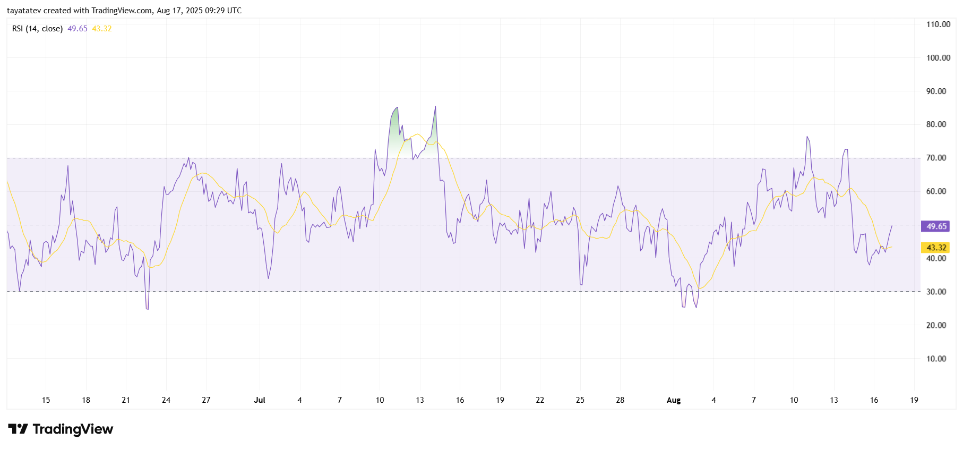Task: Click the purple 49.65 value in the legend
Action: point(77,29)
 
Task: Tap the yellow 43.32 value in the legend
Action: point(101,29)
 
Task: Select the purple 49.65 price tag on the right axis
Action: point(936,226)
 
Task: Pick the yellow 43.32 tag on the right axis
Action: point(936,248)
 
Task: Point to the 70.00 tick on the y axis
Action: point(936,158)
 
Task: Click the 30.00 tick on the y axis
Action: point(936,292)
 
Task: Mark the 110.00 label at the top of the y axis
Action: point(938,24)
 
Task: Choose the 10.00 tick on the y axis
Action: point(936,359)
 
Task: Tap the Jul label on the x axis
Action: point(260,400)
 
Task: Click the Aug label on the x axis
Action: point(673,400)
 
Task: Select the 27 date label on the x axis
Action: point(206,400)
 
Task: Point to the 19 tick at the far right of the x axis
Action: point(914,400)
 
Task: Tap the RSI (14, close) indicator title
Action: point(37,29)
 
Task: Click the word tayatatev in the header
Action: point(24,11)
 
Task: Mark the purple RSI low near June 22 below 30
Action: point(147,307)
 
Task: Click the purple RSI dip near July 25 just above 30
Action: point(581,283)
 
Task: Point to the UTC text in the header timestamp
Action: point(234,11)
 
